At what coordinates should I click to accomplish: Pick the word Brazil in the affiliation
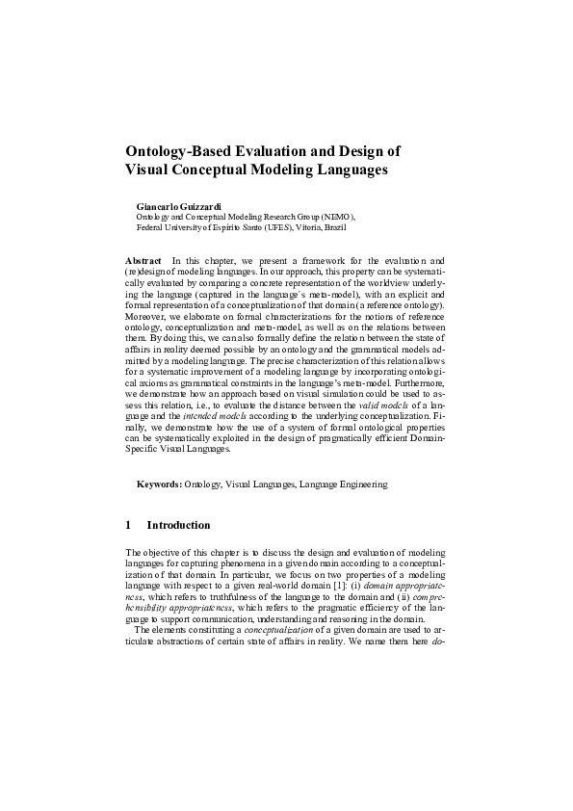pyautogui.click(x=332, y=227)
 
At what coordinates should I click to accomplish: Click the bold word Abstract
pyautogui.click(x=144, y=262)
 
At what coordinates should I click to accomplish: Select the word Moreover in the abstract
pyautogui.click(x=147, y=315)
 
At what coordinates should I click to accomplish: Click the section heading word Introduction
pyautogui.click(x=178, y=526)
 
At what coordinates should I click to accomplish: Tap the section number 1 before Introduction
pyautogui.click(x=129, y=526)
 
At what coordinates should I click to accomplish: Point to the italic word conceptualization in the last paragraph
pyautogui.click(x=251, y=627)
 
